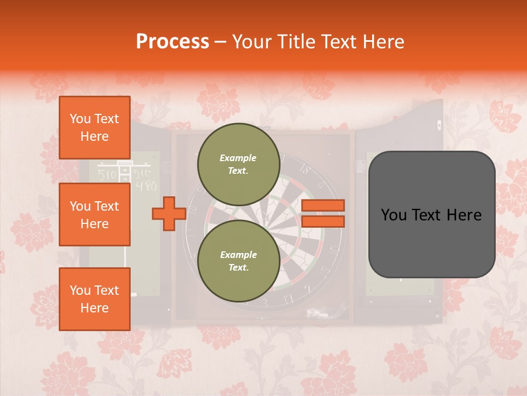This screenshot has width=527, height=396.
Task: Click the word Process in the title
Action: coord(172,42)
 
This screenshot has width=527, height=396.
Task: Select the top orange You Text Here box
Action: coord(94,128)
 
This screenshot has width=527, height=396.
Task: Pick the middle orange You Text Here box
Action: coord(94,215)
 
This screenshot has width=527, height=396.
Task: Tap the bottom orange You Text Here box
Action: coord(94,299)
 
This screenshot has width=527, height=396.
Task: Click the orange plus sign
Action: coord(169,213)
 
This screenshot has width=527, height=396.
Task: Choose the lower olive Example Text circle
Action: coord(238,261)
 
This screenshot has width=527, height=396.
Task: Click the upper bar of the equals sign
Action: coord(323,205)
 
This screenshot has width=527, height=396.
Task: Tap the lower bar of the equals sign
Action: coord(323,221)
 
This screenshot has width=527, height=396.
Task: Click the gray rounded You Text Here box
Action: coord(431,215)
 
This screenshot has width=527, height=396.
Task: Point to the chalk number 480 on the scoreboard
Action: coord(145,186)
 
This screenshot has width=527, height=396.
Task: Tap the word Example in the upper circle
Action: coord(238,158)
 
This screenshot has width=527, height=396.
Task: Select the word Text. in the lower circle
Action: coord(238,267)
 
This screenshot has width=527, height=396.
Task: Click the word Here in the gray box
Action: coord(463,215)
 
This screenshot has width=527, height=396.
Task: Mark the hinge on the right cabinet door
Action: coord(360,164)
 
